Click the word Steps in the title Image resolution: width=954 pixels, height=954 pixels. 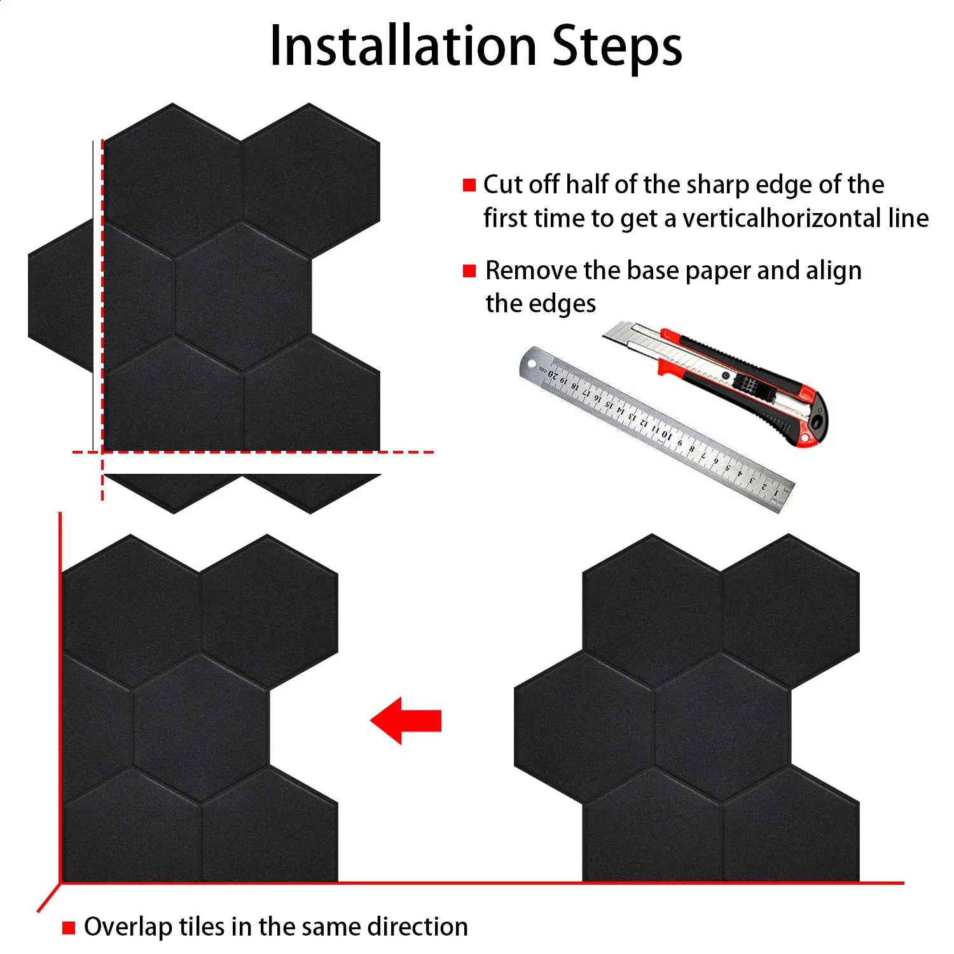(617, 48)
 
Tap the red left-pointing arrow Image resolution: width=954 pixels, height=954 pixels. (406, 721)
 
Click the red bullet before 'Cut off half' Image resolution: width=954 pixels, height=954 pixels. (469, 185)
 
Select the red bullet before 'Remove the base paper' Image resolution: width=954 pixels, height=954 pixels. (469, 271)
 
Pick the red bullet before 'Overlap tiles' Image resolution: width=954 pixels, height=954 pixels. (69, 928)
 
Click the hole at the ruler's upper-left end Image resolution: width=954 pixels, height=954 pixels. (532, 364)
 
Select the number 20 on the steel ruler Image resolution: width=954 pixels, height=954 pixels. (554, 375)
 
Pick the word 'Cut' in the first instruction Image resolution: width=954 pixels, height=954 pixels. (502, 184)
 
